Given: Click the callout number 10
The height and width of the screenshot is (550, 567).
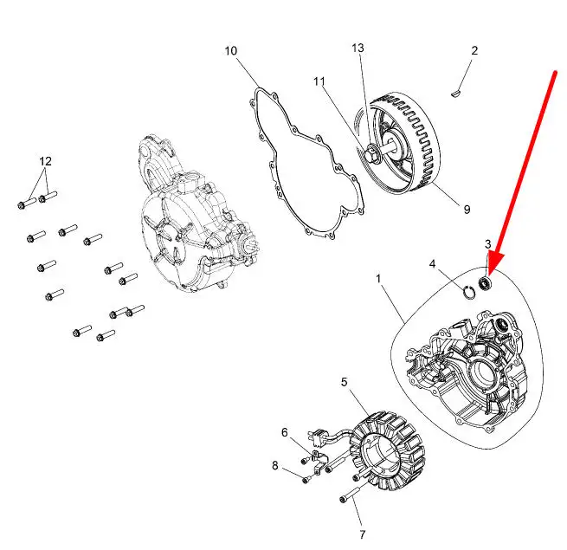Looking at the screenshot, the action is pos(231,51).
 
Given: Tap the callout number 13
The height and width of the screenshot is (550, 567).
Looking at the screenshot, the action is pos(358,49).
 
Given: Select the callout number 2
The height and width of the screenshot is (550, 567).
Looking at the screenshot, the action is pos(474,50).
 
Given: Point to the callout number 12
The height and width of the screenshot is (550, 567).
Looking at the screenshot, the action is pos(45,161).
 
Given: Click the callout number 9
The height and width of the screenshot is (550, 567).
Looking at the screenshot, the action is pos(467,209).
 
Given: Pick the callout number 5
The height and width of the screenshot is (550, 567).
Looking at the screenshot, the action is pos(345,382).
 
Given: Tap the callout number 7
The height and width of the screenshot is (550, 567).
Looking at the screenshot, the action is pos(363,534).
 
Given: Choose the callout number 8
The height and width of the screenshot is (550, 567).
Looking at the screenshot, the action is pos(275,465).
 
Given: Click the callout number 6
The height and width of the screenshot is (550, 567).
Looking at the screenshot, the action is pos(285,432).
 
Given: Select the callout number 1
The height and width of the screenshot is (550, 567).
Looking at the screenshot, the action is pos(378,279).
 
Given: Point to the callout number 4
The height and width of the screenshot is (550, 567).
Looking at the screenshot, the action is pos(433,264).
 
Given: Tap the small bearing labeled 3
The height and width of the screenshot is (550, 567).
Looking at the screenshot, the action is pos(484,283).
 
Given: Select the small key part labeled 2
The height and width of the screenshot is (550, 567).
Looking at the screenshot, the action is pos(457,94).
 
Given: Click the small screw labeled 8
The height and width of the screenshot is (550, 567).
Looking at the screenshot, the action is pos(306,480).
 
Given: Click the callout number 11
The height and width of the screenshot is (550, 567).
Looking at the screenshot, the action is pos(319,81).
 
